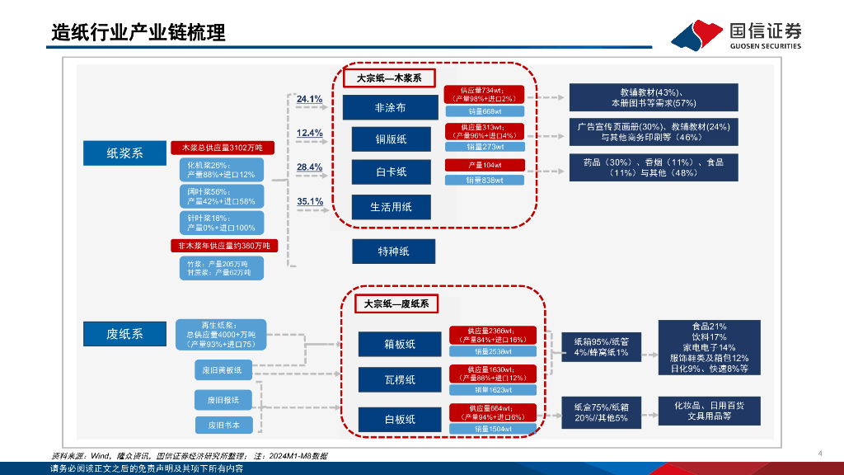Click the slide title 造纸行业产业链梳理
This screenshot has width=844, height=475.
point(138,33)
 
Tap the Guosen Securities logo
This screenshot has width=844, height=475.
point(736,35)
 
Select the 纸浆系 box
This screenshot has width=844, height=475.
point(124,153)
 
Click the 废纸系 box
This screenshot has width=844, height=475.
point(124,333)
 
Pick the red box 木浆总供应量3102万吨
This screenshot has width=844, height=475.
point(217,148)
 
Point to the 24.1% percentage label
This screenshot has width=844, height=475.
point(310,100)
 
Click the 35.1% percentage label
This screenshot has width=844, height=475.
point(310,201)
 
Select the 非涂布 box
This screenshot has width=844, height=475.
point(390,108)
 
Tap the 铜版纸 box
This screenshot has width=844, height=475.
point(391,139)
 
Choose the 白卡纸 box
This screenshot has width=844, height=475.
point(391,172)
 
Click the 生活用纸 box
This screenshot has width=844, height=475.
point(391,206)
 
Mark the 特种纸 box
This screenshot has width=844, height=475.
point(393,251)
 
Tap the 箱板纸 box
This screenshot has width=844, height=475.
point(400,344)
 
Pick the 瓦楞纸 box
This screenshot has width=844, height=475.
point(400,379)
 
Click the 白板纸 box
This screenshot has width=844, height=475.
point(400,419)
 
